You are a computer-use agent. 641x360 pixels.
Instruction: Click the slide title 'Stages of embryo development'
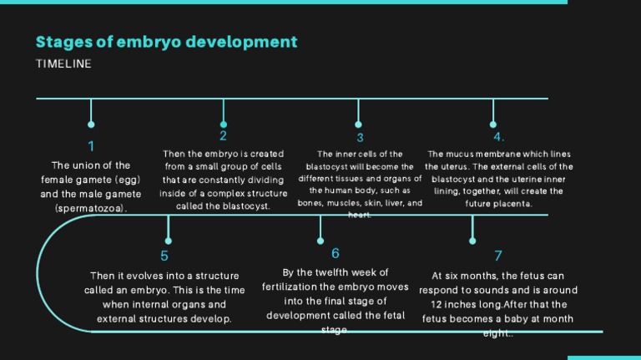click(166, 42)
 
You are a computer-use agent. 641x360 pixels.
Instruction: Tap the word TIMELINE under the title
click(63, 63)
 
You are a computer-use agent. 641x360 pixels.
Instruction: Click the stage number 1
click(91, 146)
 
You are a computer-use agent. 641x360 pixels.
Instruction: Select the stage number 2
click(223, 135)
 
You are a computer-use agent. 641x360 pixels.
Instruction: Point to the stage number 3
click(360, 138)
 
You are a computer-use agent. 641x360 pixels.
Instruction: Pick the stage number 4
click(497, 137)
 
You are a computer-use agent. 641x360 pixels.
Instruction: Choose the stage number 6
click(335, 253)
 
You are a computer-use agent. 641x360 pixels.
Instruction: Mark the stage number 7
click(498, 256)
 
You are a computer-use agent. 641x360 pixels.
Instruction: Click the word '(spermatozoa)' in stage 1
click(91, 208)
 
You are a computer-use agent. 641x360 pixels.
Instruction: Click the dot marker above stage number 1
click(91, 125)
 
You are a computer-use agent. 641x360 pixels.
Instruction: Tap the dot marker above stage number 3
click(359, 125)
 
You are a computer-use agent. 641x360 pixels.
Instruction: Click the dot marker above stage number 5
click(169, 241)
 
